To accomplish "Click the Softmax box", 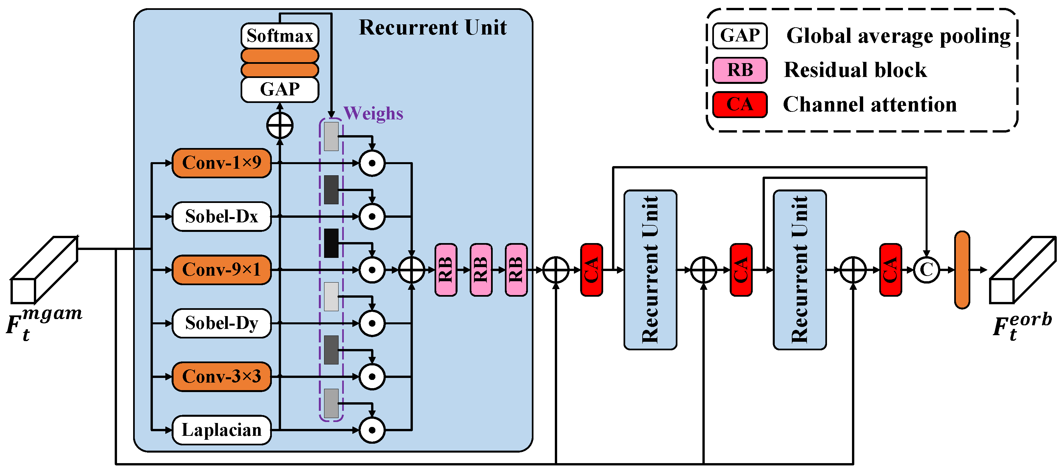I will (x=280, y=36).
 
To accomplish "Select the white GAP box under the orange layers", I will (x=280, y=89).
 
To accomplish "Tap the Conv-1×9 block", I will (x=222, y=163).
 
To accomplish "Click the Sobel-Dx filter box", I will (x=222, y=216).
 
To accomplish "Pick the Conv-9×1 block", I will (x=222, y=270).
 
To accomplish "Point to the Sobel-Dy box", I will (x=222, y=323).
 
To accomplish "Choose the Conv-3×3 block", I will (x=222, y=376).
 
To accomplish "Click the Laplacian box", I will (x=222, y=430).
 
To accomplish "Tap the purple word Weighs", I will (x=373, y=113).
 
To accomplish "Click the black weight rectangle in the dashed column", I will (x=331, y=243).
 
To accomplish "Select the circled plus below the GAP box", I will (x=280, y=126).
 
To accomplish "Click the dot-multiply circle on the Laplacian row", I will (x=372, y=430).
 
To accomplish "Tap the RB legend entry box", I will (x=740, y=70).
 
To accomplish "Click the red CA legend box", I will (x=740, y=105).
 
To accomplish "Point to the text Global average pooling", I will (x=898, y=36).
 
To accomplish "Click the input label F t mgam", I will (x=43, y=324).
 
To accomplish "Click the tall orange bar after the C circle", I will (x=962, y=270).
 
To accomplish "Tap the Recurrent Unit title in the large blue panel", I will (x=433, y=28).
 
